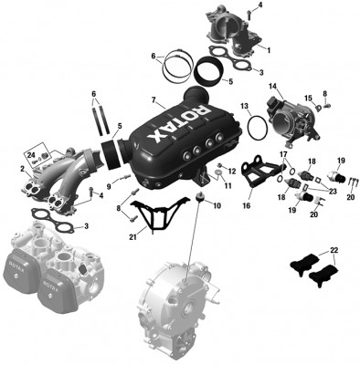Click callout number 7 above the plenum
[x=154, y=99]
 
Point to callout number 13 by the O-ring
[x=246, y=108]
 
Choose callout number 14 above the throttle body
[x=272, y=87]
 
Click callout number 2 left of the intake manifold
[x=23, y=169]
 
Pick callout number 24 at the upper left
[x=32, y=155]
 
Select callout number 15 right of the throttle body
[x=308, y=98]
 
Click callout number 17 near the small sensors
[x=282, y=155]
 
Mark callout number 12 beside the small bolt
[x=233, y=171]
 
